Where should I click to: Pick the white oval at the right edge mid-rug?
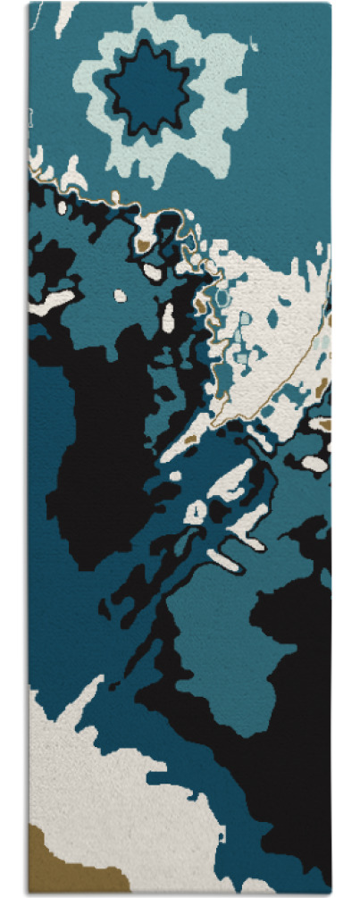[x=314, y=463]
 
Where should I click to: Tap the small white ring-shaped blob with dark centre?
[x=195, y=512]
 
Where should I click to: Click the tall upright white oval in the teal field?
[x=168, y=315]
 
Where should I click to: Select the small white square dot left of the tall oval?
[x=120, y=295]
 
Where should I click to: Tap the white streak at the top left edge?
[x=63, y=18]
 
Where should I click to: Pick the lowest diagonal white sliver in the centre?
[x=223, y=560]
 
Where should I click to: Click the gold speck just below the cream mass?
[x=188, y=439]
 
